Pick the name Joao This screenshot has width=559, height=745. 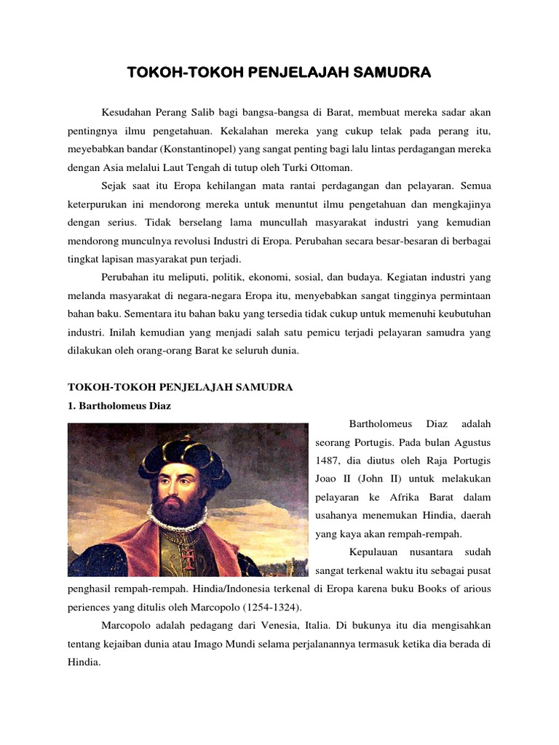pos(328,479)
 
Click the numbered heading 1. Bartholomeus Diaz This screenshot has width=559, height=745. pos(119,405)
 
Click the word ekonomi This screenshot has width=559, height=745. pos(261,277)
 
